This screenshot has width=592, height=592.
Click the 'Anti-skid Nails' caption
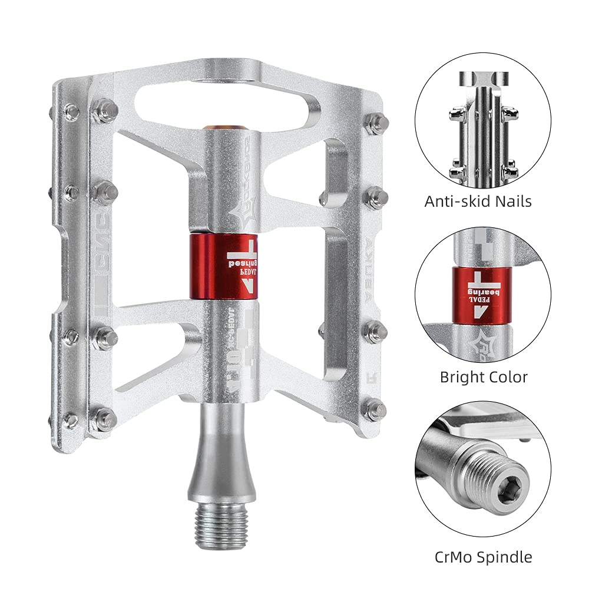(x=478, y=201)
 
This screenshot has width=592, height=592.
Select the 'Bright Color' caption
(x=484, y=377)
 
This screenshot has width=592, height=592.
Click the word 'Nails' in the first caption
(x=511, y=201)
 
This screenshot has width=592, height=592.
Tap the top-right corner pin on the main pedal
(x=376, y=124)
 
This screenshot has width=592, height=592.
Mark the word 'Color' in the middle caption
(x=508, y=377)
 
